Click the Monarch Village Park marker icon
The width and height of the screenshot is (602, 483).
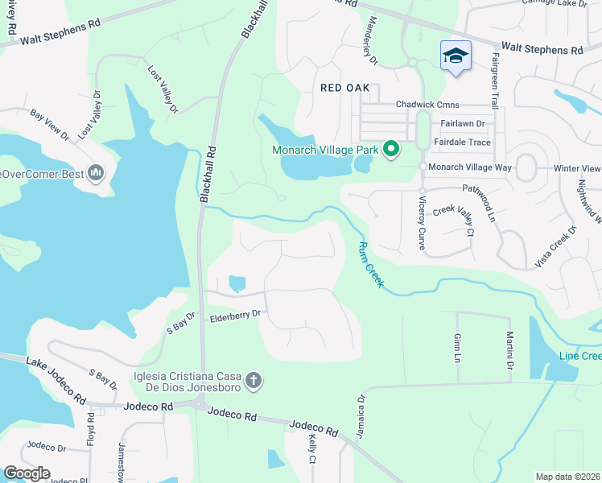[x=391, y=149]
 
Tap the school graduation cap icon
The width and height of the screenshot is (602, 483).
[x=455, y=56]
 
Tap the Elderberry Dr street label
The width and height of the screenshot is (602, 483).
[x=235, y=314]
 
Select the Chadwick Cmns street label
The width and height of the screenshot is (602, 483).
[x=427, y=105]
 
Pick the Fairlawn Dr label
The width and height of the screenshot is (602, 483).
[x=463, y=124]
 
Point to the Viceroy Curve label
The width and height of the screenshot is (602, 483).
[x=421, y=222]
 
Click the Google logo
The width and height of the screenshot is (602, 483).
[x=27, y=473]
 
